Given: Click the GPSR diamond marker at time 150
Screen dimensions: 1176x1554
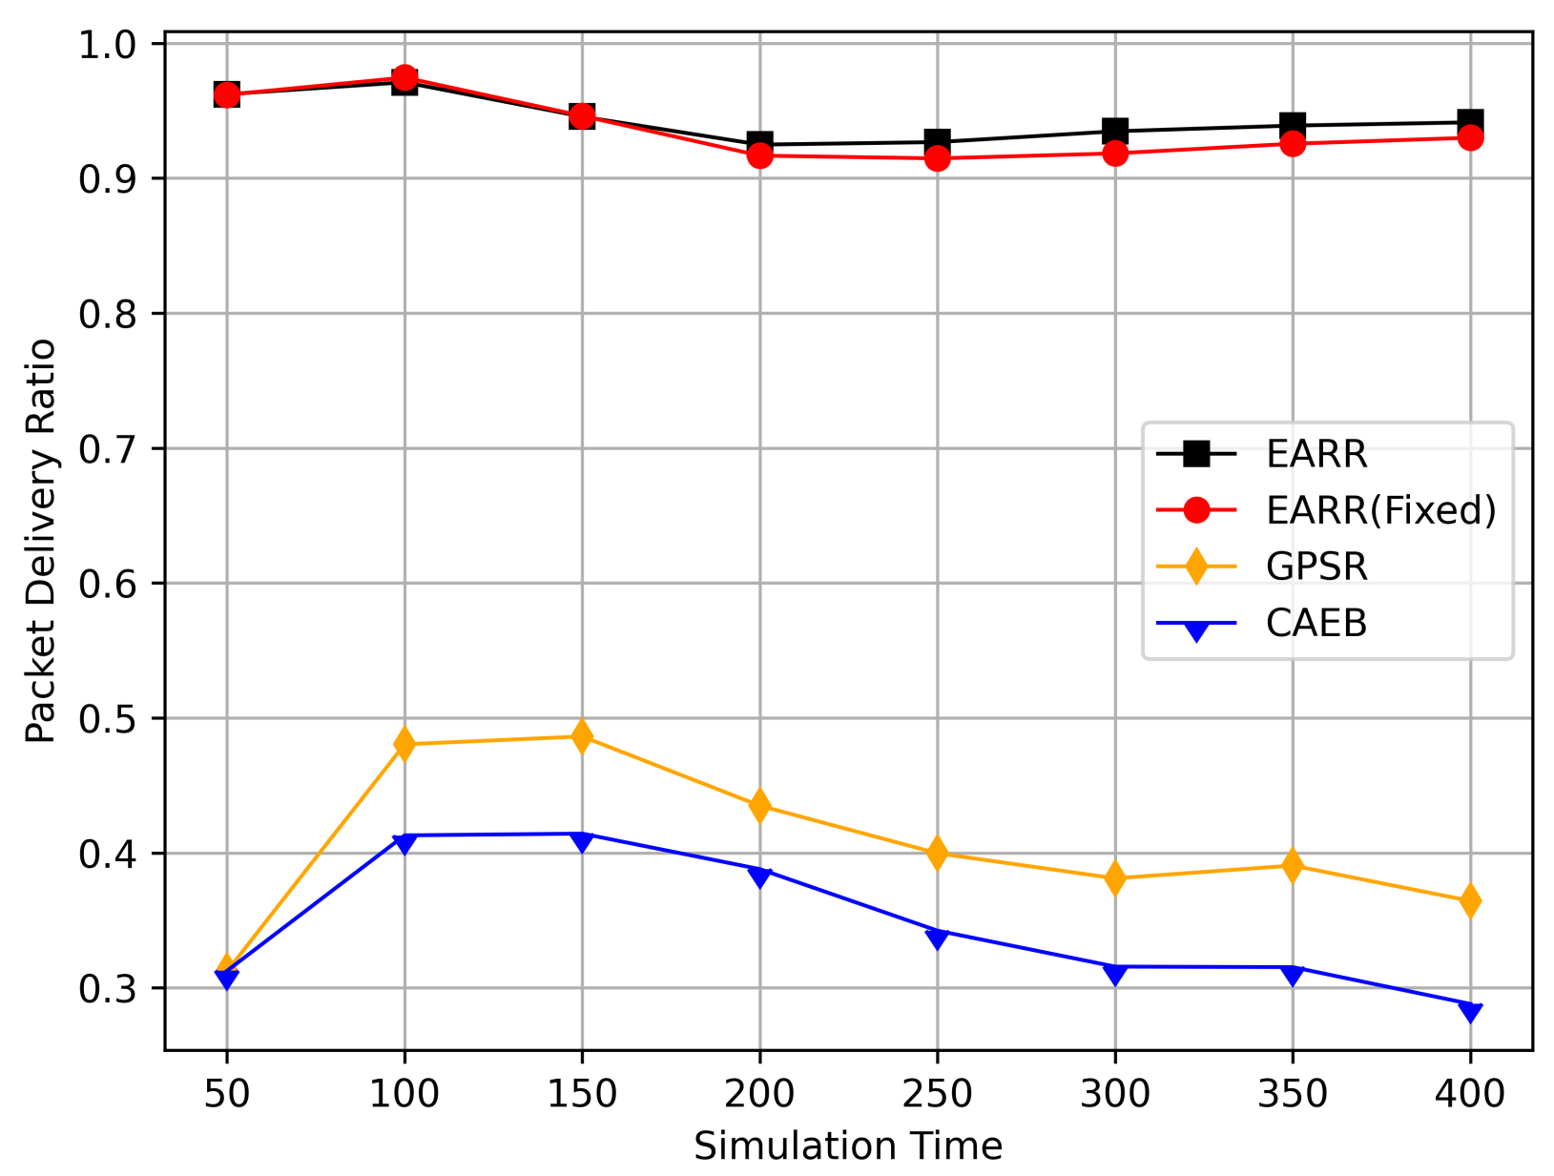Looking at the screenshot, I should (582, 737).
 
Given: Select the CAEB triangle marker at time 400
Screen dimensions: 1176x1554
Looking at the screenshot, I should (1470, 1012).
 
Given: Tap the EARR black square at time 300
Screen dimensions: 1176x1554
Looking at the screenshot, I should (1115, 131).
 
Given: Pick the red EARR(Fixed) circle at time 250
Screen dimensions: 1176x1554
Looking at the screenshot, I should (937, 158).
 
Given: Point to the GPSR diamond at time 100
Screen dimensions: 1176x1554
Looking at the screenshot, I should (404, 744).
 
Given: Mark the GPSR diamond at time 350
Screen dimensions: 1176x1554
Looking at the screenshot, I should (1293, 866).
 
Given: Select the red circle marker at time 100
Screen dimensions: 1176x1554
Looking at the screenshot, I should (404, 77).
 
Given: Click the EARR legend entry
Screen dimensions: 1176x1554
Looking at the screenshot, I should (1316, 454).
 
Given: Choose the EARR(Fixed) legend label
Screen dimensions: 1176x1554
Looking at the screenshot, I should (1380, 510).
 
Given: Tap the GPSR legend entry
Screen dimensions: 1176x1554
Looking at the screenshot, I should (1316, 567).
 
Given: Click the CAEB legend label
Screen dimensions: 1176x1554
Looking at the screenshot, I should (1316, 623).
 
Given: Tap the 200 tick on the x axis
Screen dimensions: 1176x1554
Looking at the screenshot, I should (759, 1094).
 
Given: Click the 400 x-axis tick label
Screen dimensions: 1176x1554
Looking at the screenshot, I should (1470, 1094).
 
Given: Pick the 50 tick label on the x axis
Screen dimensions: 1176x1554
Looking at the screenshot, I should (226, 1094).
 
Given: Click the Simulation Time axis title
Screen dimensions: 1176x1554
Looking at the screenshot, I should (848, 1145).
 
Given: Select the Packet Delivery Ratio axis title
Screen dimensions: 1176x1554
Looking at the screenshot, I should (40, 541).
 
